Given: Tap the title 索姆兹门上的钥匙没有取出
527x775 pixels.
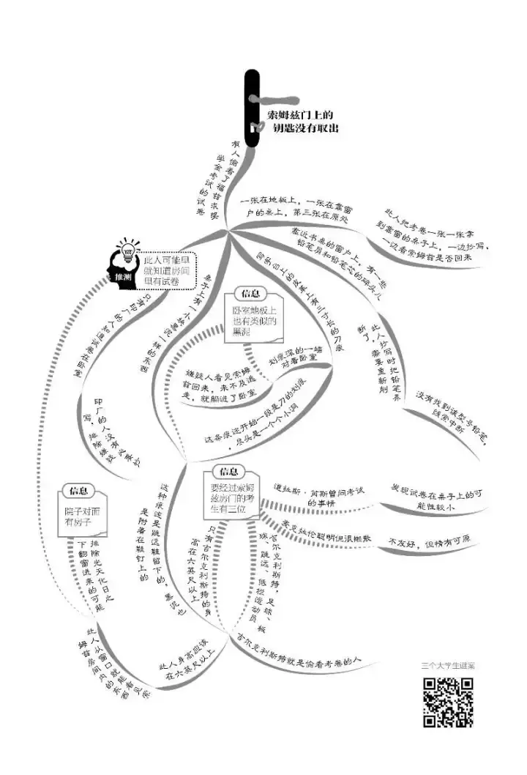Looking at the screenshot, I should pyautogui.click(x=301, y=121).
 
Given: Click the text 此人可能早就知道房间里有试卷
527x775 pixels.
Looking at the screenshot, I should pyautogui.click(x=169, y=267).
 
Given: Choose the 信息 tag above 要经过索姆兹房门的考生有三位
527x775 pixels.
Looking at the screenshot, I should pyautogui.click(x=228, y=471).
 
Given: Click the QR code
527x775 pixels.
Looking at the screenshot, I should pyautogui.click(x=447, y=702).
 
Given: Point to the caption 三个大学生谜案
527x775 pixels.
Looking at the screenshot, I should pyautogui.click(x=448, y=666).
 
